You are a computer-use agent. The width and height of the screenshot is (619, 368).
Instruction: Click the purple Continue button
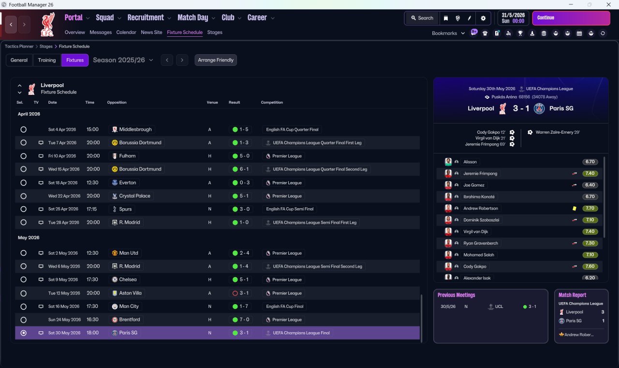(571, 18)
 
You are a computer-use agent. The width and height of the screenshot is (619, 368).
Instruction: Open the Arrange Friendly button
(216, 60)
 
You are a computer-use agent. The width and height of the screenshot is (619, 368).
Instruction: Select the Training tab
(47, 60)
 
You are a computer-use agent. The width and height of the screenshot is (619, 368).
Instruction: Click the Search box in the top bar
(422, 18)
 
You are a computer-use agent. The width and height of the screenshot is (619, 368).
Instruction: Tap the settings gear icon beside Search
(483, 18)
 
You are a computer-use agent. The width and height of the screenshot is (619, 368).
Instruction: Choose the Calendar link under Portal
(126, 32)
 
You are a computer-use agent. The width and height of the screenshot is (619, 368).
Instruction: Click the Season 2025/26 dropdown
(123, 60)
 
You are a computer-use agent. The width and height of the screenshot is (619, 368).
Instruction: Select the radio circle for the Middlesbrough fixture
(24, 129)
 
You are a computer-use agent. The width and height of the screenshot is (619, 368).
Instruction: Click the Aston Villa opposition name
(130, 293)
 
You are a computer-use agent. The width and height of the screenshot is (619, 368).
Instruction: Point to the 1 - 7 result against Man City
(243, 307)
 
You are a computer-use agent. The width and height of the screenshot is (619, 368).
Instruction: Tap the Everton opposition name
(127, 183)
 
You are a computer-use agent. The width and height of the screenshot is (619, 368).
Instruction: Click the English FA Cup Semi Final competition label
(290, 209)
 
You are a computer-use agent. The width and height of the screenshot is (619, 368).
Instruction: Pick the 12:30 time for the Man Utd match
(92, 253)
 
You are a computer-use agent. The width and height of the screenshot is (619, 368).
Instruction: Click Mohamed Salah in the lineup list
(479, 255)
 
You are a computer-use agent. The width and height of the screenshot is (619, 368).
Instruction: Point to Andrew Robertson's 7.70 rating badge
(590, 208)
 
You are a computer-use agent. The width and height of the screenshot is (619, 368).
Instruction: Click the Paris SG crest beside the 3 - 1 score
(539, 108)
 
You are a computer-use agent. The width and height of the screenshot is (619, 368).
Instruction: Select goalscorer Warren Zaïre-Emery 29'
(558, 132)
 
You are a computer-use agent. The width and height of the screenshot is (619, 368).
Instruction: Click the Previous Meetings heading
(456, 295)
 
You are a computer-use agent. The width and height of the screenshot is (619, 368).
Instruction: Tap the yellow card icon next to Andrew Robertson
(574, 208)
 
